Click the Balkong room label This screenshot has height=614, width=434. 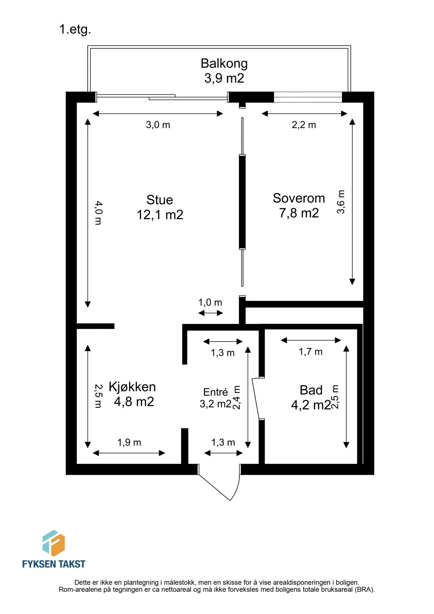224,63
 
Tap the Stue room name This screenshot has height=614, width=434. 160,200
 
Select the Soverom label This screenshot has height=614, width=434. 299,198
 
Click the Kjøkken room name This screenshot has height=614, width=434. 132,387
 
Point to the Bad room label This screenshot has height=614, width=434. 311,390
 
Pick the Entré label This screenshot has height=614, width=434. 215,392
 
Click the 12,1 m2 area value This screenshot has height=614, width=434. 160,215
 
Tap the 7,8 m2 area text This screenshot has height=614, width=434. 299,213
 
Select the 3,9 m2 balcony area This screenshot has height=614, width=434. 224,78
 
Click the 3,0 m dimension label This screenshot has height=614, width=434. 158,125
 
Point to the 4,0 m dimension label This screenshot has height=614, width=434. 98,213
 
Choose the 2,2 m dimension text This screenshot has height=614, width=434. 304,125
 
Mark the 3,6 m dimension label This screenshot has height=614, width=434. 341,202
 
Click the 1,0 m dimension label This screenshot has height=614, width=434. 210,302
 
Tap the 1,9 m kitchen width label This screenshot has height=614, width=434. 129,442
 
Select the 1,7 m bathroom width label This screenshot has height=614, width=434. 311,352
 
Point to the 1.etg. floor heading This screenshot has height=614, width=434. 75,29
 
